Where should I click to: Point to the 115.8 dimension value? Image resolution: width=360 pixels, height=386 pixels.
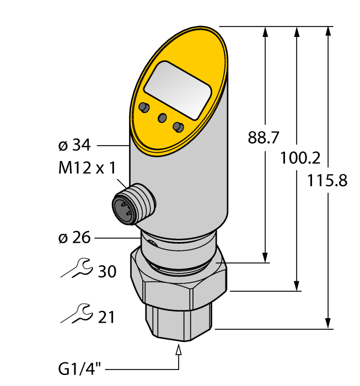329,180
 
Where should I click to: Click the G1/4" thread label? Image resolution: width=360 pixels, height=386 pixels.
80,367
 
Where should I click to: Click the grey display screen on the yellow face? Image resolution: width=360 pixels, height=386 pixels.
178,89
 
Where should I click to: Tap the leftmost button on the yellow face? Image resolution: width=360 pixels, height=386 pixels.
144,106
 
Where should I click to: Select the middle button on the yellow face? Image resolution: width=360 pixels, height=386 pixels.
162,117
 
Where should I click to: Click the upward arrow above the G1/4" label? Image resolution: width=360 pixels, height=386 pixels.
178,351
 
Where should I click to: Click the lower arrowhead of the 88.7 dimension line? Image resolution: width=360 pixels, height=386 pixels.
266,257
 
